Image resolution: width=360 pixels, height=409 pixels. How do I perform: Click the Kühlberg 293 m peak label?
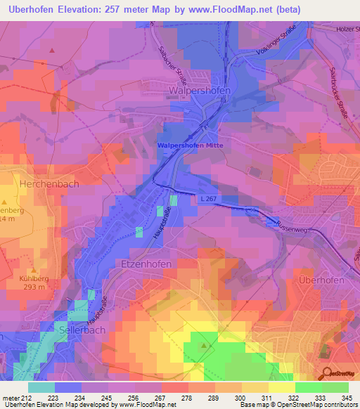tap(34, 283)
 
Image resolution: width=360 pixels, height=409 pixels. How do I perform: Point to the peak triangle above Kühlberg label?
tap(33, 269)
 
